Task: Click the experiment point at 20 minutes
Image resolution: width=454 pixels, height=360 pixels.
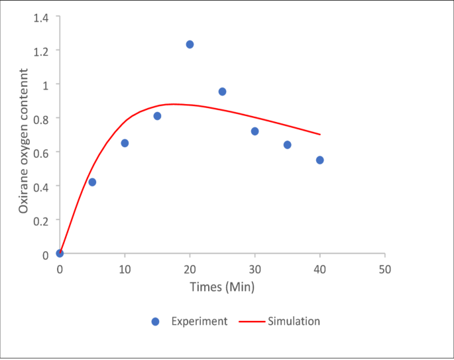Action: click(x=190, y=44)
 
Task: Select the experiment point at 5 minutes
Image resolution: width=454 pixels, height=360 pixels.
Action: click(x=92, y=182)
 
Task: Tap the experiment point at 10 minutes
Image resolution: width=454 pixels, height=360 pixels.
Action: click(x=125, y=143)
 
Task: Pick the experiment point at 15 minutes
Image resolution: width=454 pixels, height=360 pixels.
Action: click(x=157, y=116)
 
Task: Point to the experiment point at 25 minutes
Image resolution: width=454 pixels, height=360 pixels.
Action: click(x=222, y=91)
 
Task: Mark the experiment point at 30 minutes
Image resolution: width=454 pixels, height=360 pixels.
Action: click(x=255, y=131)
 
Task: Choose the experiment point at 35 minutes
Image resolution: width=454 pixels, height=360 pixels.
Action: click(x=287, y=145)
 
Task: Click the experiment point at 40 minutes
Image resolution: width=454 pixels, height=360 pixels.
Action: click(x=319, y=160)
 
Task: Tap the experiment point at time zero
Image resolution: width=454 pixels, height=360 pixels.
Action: click(x=60, y=253)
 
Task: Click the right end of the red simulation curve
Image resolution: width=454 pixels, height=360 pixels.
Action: click(x=320, y=135)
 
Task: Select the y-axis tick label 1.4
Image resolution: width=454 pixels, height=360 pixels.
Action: click(x=41, y=16)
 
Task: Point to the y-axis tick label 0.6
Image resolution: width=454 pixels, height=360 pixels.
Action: click(x=41, y=152)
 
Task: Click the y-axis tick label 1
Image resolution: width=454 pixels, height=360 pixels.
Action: click(x=45, y=84)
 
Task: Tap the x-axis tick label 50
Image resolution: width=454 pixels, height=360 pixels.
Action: click(x=384, y=269)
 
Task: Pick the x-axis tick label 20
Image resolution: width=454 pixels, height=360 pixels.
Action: click(x=190, y=269)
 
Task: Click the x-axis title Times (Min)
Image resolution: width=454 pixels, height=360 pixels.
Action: click(x=222, y=287)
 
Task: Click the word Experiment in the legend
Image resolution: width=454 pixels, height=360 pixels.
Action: click(x=199, y=322)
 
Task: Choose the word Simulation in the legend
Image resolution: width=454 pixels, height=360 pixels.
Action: click(x=294, y=322)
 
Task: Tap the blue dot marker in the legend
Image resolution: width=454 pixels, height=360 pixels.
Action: click(x=156, y=322)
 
